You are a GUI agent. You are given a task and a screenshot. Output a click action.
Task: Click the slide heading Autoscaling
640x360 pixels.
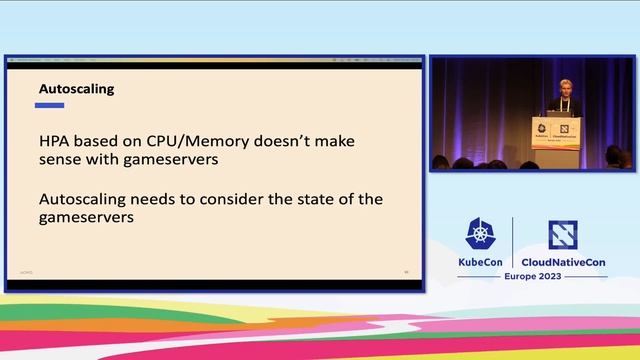76,89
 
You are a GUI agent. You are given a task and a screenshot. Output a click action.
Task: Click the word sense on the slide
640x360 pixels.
61,159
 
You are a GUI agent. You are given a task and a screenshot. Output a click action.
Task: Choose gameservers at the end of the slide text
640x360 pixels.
86,216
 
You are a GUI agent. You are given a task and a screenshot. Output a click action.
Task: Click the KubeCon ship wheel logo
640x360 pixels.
481,234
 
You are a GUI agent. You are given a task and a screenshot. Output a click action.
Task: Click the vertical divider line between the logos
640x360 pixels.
513,242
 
